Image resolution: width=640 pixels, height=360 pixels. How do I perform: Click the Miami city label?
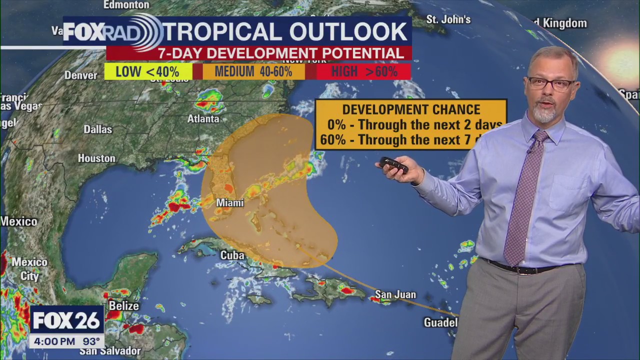(x=229, y=203)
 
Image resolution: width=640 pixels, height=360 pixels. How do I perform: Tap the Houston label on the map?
(x=96, y=158)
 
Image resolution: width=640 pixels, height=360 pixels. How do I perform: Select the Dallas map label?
(x=97, y=129)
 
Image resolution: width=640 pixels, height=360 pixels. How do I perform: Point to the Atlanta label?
(x=203, y=119)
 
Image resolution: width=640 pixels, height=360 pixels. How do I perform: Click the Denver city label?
(x=80, y=75)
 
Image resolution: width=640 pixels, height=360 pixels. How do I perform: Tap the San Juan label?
(x=395, y=294)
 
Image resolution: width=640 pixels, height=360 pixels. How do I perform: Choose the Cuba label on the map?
(x=232, y=255)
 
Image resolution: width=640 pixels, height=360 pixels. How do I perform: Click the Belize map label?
(x=123, y=305)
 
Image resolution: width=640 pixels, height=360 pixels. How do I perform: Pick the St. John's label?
(x=448, y=19)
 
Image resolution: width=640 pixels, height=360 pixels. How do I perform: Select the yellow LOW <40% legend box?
(x=148, y=71)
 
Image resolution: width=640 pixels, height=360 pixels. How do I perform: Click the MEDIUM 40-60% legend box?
(x=253, y=71)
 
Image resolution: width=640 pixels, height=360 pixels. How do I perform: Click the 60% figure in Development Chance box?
(x=333, y=140)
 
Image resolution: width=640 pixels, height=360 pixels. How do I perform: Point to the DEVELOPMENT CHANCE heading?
(x=411, y=109)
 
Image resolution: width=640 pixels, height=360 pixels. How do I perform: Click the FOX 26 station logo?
(x=66, y=320)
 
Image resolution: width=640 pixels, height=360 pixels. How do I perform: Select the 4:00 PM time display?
(x=52, y=342)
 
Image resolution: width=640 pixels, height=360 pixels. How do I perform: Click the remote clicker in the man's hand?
(x=393, y=165)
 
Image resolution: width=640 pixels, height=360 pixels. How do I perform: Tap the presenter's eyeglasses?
(x=551, y=83)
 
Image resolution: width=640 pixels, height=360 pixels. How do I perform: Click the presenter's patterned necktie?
(x=522, y=200)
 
